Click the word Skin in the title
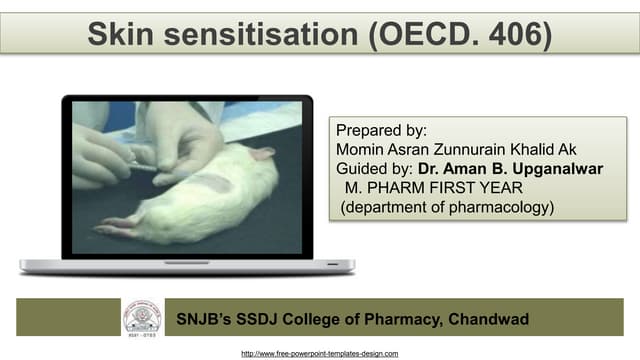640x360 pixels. point(118,33)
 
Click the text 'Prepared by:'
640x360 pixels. point(381,131)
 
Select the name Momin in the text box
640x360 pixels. point(362,150)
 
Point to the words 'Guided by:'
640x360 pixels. point(373,169)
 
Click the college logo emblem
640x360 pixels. point(143,317)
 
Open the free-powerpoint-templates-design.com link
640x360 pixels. point(320,353)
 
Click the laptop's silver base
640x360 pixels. point(186,267)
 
